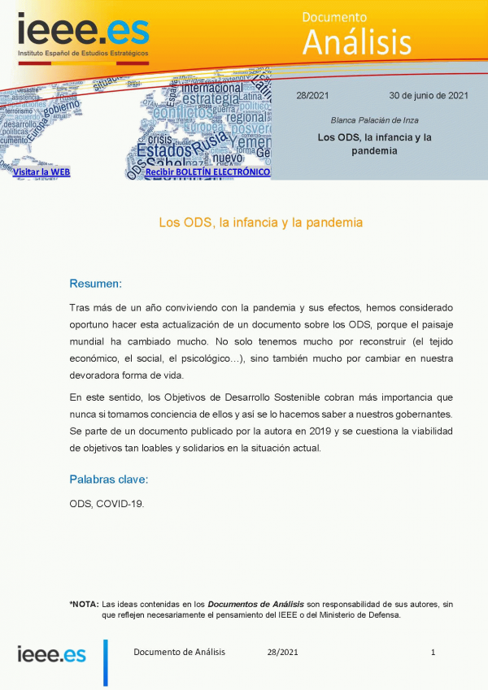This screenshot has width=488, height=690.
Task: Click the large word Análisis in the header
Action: [x=356, y=41]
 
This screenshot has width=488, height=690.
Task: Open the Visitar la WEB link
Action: [x=41, y=172]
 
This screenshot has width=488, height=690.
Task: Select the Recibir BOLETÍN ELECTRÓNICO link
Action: [x=207, y=172]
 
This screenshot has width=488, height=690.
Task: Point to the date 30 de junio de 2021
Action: [x=429, y=95]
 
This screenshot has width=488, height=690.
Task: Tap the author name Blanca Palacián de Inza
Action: [x=374, y=120]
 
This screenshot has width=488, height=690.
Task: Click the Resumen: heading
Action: [x=95, y=284]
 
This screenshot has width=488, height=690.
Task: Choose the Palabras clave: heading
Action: [x=108, y=479]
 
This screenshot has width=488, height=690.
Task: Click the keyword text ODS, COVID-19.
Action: [x=107, y=504]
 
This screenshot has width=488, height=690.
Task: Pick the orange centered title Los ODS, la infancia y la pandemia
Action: [x=259, y=222]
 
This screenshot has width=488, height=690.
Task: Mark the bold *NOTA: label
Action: [x=84, y=604]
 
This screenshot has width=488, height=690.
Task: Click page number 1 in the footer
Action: [x=434, y=652]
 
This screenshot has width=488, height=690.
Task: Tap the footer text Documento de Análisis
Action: [x=179, y=652]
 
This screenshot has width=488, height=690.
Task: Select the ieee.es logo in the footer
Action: [x=52, y=653]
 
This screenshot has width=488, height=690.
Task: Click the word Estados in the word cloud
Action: [x=165, y=150]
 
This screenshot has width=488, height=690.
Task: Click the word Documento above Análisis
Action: [x=334, y=17]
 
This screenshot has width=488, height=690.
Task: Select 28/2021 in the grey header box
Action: [x=312, y=95]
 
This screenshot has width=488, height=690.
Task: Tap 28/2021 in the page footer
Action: [x=282, y=652]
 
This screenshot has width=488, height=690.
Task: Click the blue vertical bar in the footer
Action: [x=105, y=662]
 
